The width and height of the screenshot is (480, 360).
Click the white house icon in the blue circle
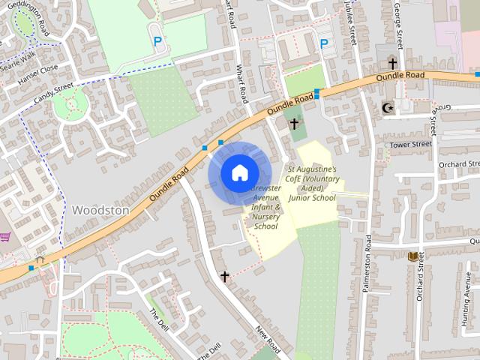(x=238, y=172)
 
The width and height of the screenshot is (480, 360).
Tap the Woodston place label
(x=100, y=211)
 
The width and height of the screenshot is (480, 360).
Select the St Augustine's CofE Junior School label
(x=312, y=184)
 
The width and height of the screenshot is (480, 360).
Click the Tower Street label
(x=410, y=143)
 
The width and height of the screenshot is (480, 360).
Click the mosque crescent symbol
(x=388, y=108)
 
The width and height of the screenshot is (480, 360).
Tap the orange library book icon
(x=412, y=256)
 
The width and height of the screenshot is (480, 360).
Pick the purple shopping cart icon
(x=5, y=237)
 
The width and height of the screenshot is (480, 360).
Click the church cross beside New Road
(x=224, y=277)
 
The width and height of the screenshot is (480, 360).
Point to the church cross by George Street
(x=391, y=63)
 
